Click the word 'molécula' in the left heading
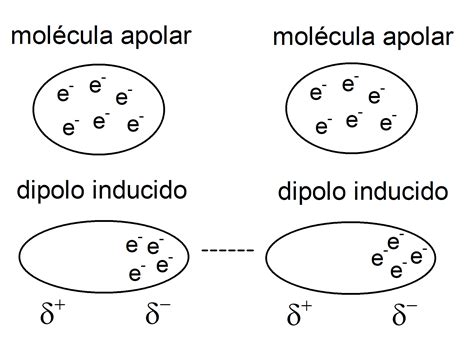pyautogui.click(x=57, y=38)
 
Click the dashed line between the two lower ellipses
pyautogui.click(x=228, y=250)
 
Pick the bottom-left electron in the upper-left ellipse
pyautogui.click(x=70, y=127)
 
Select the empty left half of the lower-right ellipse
pyautogui.click(x=316, y=262)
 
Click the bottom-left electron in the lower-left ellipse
pyautogui.click(x=136, y=273)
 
